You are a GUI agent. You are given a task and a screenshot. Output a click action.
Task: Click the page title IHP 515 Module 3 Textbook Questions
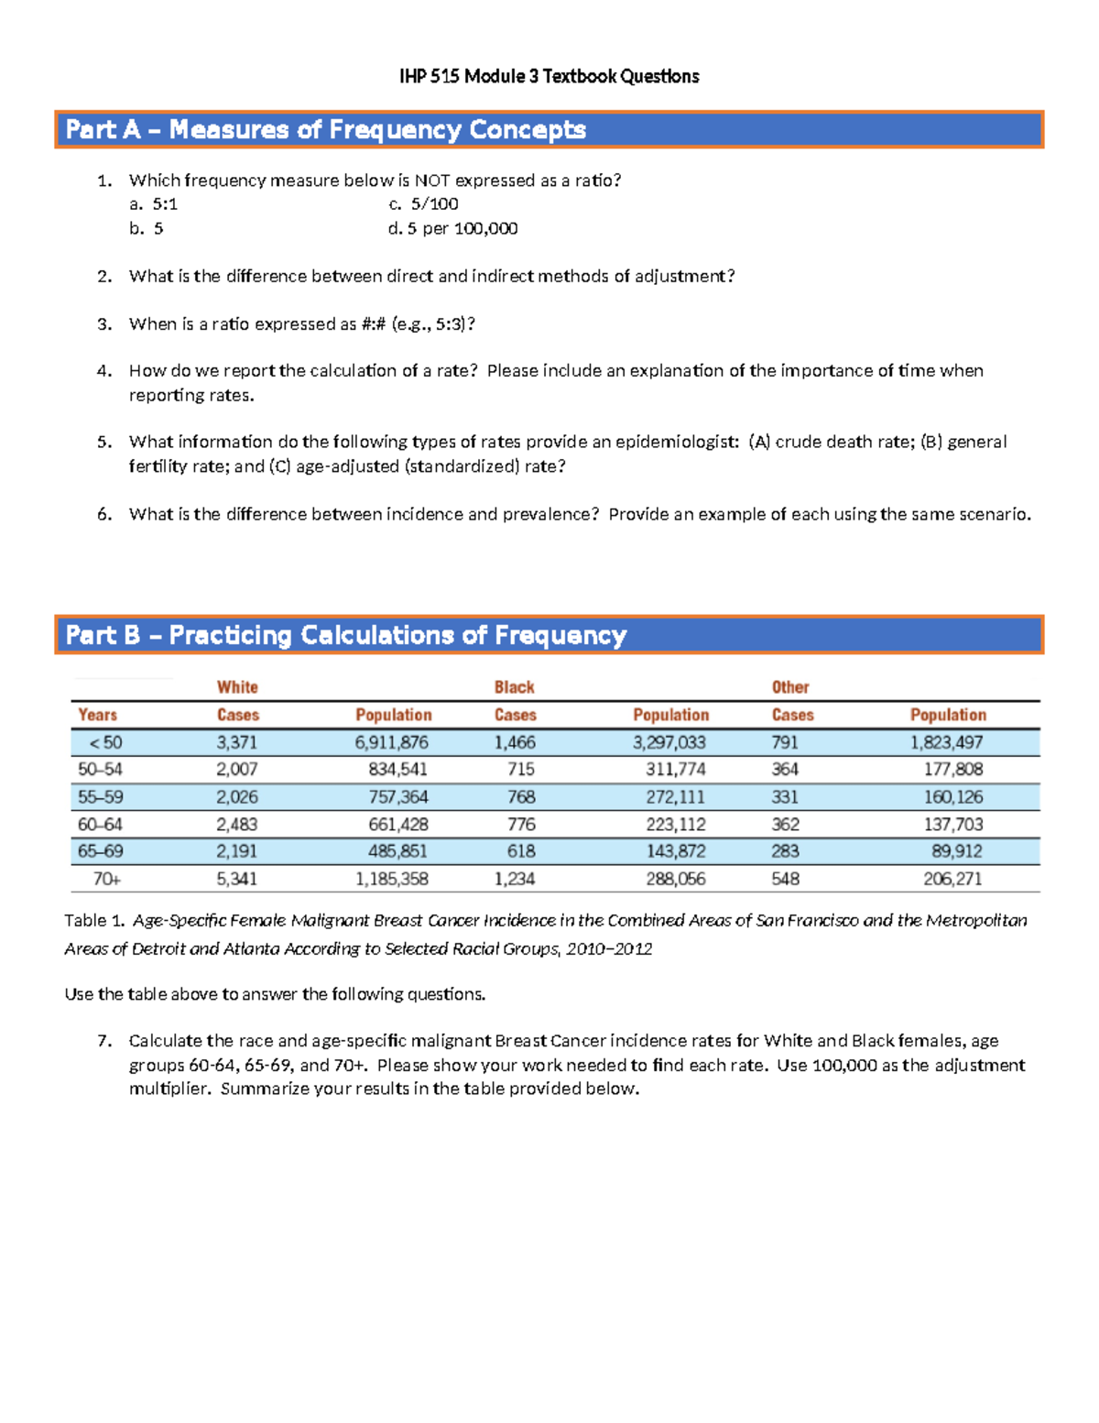pos(549,76)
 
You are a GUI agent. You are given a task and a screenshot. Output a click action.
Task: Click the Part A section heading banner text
pos(325,130)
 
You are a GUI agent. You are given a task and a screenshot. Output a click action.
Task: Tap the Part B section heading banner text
pos(345,635)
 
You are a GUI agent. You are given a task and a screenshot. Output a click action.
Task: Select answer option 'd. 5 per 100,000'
pos(452,228)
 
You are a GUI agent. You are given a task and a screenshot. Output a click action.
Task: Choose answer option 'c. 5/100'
pos(423,203)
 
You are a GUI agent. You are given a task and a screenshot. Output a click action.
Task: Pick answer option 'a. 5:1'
pos(153,203)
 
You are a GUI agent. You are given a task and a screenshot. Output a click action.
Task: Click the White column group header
pos(237,687)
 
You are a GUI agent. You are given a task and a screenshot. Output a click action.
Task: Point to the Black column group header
pos(514,687)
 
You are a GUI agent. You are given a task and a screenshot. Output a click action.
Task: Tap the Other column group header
pos(789,687)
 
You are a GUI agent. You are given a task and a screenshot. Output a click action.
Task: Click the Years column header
pos(97,715)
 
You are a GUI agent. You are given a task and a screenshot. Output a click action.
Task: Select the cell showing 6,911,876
pos(391,742)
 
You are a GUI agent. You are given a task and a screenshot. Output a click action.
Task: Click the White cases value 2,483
pos(236,824)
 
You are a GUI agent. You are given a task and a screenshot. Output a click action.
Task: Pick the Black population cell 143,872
pos(675,851)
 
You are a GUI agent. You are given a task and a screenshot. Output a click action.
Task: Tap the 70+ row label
pos(106,879)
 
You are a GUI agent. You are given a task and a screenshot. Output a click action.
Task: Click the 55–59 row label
pos(100,797)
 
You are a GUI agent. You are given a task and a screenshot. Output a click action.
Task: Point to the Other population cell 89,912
pos(956,851)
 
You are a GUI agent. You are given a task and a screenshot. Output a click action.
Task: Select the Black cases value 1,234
pos(515,879)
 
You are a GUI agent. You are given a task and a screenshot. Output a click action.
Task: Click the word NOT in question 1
pos(431,181)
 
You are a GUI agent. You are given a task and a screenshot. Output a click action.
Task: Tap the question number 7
pos(104,1041)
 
